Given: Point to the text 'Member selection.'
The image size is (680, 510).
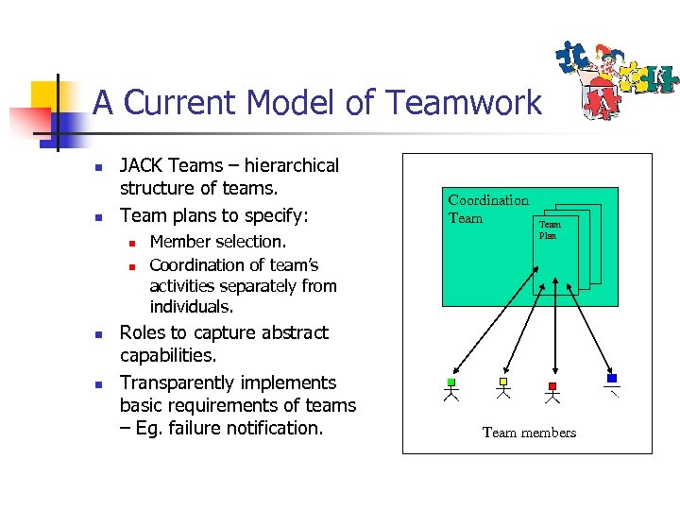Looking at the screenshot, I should click(217, 242).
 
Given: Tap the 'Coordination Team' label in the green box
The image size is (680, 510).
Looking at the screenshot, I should click(487, 209).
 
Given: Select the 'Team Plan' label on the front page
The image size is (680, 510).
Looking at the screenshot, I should click(550, 229).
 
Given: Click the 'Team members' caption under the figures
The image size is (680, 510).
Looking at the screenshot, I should click(529, 433).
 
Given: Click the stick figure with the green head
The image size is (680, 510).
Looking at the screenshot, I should click(451, 390).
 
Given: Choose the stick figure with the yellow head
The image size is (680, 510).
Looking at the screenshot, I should click(502, 390).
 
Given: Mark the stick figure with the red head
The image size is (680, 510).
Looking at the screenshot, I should click(552, 390).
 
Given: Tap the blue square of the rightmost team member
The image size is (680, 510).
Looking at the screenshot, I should click(612, 378).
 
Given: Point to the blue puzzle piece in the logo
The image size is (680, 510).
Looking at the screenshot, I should click(572, 57).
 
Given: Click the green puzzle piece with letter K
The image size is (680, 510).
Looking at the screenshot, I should click(660, 76).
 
